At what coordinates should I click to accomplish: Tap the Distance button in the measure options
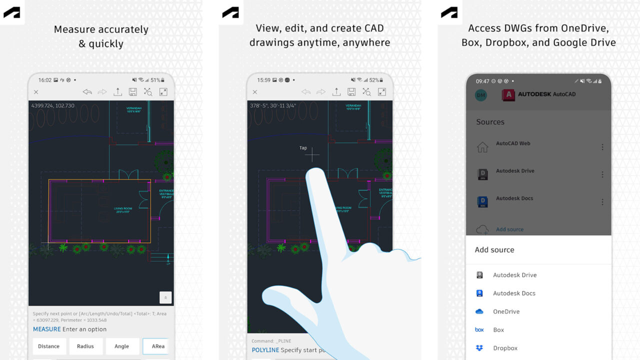(48, 346)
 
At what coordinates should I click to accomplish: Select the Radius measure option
(85, 346)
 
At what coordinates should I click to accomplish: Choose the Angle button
(121, 346)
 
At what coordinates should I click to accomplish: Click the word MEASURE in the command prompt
(46, 329)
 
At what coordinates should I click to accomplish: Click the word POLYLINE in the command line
(265, 350)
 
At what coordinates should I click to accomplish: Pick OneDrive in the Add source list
(506, 311)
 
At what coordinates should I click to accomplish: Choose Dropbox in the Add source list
(505, 348)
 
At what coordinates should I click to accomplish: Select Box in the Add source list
(498, 330)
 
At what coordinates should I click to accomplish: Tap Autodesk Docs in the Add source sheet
(514, 293)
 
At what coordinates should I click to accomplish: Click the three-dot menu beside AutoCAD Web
(602, 147)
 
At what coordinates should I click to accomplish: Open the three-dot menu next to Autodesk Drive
(602, 174)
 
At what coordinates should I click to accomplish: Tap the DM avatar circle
(480, 95)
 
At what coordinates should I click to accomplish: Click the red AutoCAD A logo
(508, 95)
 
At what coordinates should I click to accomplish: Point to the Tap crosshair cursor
(312, 155)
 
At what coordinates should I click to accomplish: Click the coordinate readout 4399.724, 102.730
(52, 106)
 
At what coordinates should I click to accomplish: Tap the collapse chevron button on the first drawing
(165, 297)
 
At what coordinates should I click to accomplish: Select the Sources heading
(490, 122)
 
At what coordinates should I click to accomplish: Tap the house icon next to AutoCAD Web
(482, 147)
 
